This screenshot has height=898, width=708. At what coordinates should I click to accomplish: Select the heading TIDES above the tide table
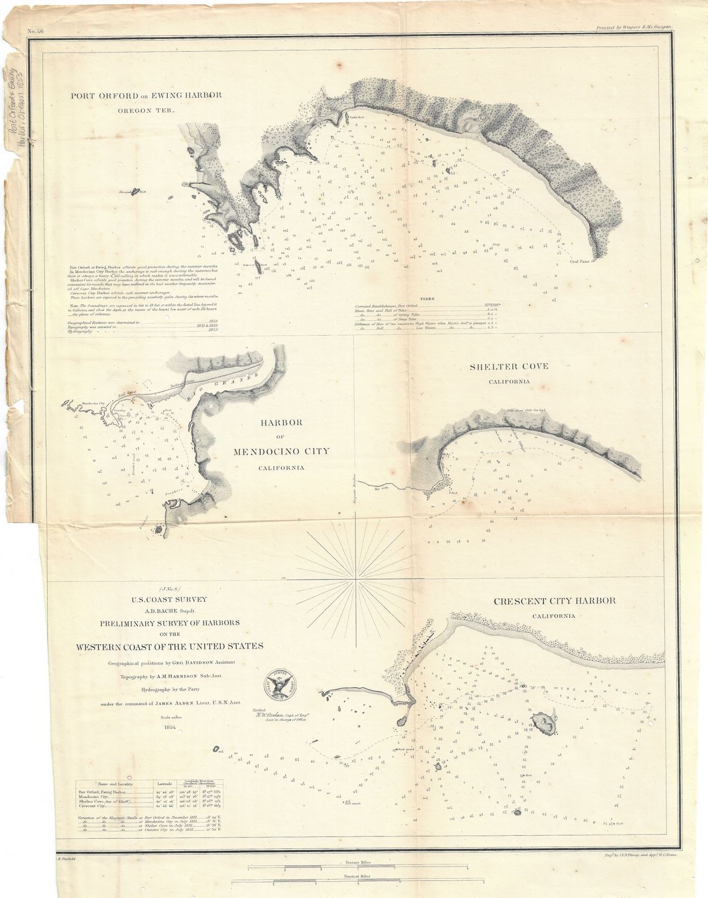coord(427,298)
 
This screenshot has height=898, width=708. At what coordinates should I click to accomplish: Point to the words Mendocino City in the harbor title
coord(281,451)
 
